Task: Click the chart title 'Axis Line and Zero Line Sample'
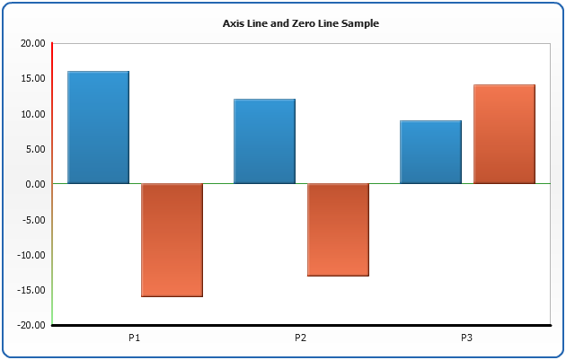click(300, 23)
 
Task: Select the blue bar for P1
click(98, 127)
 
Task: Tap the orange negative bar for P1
click(172, 240)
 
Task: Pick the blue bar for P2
click(264, 141)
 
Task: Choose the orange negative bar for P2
click(338, 229)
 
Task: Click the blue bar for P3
click(430, 152)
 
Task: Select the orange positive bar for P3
click(504, 134)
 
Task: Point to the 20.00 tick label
click(32, 43)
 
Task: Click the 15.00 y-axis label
click(32, 78)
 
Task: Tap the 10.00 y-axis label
click(32, 114)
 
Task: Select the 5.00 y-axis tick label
click(35, 149)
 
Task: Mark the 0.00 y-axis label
click(35, 184)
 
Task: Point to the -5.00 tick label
click(33, 219)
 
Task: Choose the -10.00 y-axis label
click(31, 255)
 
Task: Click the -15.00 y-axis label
click(31, 290)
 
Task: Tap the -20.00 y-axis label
click(31, 325)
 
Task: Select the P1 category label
click(135, 338)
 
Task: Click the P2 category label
click(301, 338)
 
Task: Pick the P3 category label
click(467, 338)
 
